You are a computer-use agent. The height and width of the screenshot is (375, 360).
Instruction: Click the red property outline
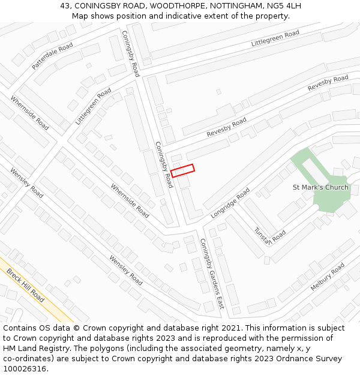point(182,170)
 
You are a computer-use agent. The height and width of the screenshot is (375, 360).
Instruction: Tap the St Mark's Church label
point(320,187)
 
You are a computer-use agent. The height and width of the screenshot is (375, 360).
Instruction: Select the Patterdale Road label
point(52,56)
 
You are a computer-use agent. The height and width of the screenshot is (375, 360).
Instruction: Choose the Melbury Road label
point(328,277)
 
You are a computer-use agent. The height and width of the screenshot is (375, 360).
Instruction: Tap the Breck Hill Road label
point(26,285)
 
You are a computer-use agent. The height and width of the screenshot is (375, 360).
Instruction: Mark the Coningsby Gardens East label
point(211,274)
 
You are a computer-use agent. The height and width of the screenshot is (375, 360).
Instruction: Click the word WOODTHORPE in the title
point(178,6)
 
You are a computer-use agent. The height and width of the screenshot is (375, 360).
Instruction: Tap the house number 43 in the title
point(65,6)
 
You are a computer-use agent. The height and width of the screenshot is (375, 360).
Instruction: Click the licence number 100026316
point(26,368)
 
